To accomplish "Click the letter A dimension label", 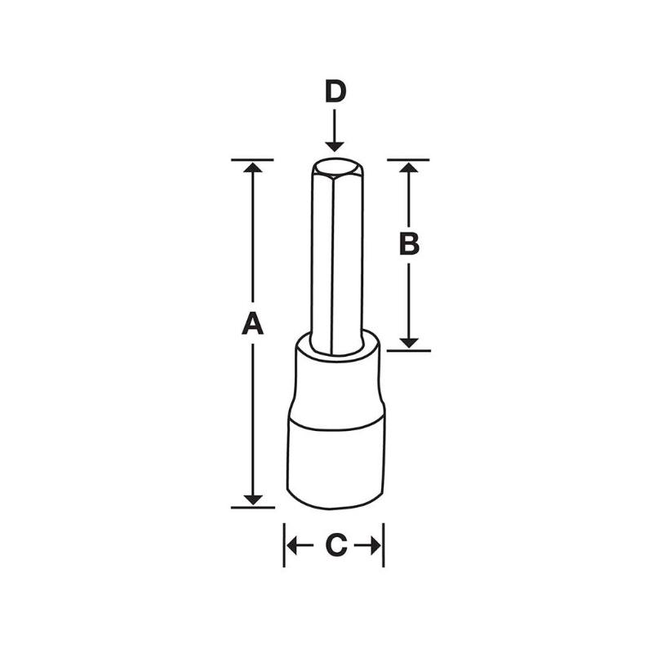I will tap(253, 323).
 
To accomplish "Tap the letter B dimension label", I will tap(409, 242).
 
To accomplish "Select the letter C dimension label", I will tap(335, 546).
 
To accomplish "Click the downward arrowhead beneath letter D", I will tap(335, 144).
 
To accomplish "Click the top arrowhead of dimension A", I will tap(253, 167).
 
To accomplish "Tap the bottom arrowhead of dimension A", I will tap(253, 498).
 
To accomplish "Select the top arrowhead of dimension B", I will tap(409, 167).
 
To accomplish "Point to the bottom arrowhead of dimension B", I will tap(409, 341).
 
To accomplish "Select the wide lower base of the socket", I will tap(335, 461).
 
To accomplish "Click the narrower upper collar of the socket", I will tap(335, 384).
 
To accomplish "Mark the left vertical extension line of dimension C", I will tap(284, 545).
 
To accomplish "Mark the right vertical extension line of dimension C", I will tap(384, 545).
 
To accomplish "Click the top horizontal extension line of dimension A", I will tap(253, 159).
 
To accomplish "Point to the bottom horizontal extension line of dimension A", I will tap(253, 507).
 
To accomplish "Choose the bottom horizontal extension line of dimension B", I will tap(408, 350).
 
